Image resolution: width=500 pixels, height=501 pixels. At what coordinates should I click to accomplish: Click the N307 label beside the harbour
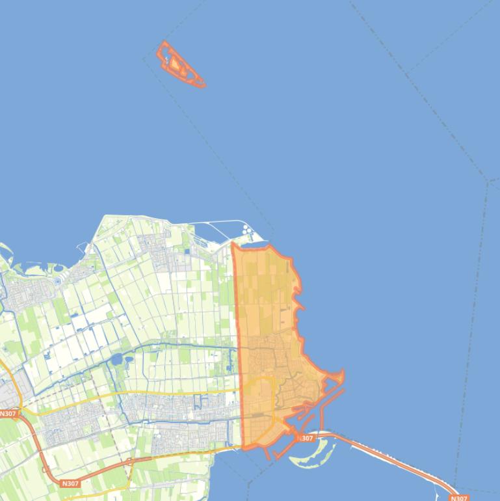point(306,438)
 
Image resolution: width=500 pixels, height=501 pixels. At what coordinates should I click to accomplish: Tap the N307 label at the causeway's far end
point(459,498)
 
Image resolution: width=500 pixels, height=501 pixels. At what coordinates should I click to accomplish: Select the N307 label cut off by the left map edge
point(8,413)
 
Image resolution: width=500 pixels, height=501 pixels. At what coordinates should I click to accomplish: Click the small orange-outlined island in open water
point(180,64)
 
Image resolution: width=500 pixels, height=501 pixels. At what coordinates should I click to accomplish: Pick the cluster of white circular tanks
point(248,231)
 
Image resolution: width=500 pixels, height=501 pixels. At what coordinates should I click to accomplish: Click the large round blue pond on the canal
point(116,359)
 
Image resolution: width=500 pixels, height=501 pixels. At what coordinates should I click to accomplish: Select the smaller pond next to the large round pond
point(128,359)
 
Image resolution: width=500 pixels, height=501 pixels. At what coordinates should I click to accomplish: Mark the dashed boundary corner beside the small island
point(144,59)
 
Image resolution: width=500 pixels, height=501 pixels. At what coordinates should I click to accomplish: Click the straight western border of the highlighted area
point(237,325)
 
